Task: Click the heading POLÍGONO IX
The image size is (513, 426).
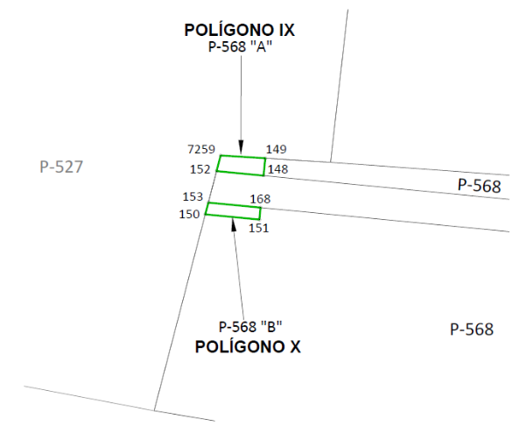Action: tap(240, 30)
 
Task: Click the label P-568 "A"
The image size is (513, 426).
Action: tap(240, 46)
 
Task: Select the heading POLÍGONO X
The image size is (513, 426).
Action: tap(248, 347)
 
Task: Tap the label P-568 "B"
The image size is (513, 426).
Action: tap(250, 327)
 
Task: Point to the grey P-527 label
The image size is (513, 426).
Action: tap(61, 167)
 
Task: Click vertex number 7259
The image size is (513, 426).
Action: tap(201, 149)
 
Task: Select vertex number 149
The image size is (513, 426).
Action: tap(277, 149)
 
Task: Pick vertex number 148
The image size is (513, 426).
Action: tap(278, 169)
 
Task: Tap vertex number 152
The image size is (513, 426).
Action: tap(200, 169)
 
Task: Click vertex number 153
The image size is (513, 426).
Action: tap(193, 196)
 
